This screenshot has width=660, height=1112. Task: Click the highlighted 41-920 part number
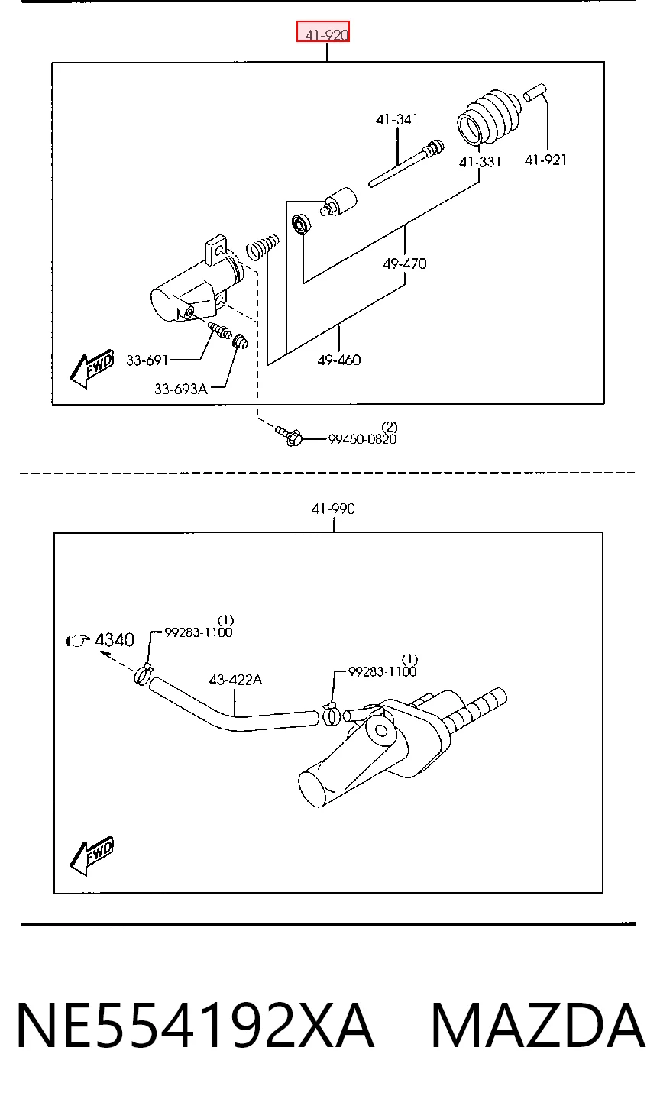pyautogui.click(x=326, y=35)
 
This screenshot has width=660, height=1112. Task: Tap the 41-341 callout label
pyautogui.click(x=396, y=120)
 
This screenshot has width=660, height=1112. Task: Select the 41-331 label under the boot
pyautogui.click(x=480, y=162)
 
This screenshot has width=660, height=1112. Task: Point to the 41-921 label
pyautogui.click(x=545, y=160)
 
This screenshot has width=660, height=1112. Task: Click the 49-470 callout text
pyautogui.click(x=405, y=263)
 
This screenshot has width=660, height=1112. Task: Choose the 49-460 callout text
pyautogui.click(x=339, y=360)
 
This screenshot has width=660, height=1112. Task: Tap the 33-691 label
pyautogui.click(x=147, y=360)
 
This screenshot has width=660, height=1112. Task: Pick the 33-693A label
pyautogui.click(x=181, y=390)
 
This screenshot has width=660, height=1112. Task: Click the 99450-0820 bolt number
pyautogui.click(x=363, y=439)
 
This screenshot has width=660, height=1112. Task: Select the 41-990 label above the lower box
pyautogui.click(x=333, y=509)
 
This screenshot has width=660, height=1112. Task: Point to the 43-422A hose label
pyautogui.click(x=235, y=680)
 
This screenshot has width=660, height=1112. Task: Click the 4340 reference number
pyautogui.click(x=115, y=640)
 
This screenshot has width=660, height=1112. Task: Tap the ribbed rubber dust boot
pyautogui.click(x=490, y=117)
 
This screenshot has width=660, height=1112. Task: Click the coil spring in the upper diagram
pyautogui.click(x=263, y=246)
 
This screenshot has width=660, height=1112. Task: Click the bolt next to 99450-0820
pyautogui.click(x=289, y=435)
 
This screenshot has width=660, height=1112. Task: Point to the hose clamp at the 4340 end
pyautogui.click(x=143, y=674)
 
